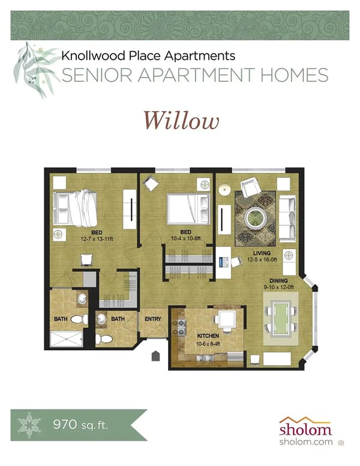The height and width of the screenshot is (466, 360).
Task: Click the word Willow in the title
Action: (x=181, y=120)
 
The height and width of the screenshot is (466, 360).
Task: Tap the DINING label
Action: (x=278, y=280)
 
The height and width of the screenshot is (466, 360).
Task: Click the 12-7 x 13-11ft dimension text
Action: (x=96, y=238)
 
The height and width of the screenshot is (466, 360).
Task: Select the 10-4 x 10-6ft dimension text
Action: (x=186, y=238)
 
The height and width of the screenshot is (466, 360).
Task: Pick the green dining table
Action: (x=280, y=319)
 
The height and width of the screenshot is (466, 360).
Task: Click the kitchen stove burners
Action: (x=178, y=327)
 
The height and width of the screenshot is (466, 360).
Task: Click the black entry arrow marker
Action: (x=156, y=356)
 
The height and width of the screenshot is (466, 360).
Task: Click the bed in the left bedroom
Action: (x=75, y=207)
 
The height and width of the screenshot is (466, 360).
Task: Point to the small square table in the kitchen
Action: (x=226, y=319)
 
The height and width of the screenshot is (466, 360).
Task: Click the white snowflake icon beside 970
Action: (x=28, y=426)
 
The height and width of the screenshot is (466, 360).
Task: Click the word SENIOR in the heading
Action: (x=94, y=75)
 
